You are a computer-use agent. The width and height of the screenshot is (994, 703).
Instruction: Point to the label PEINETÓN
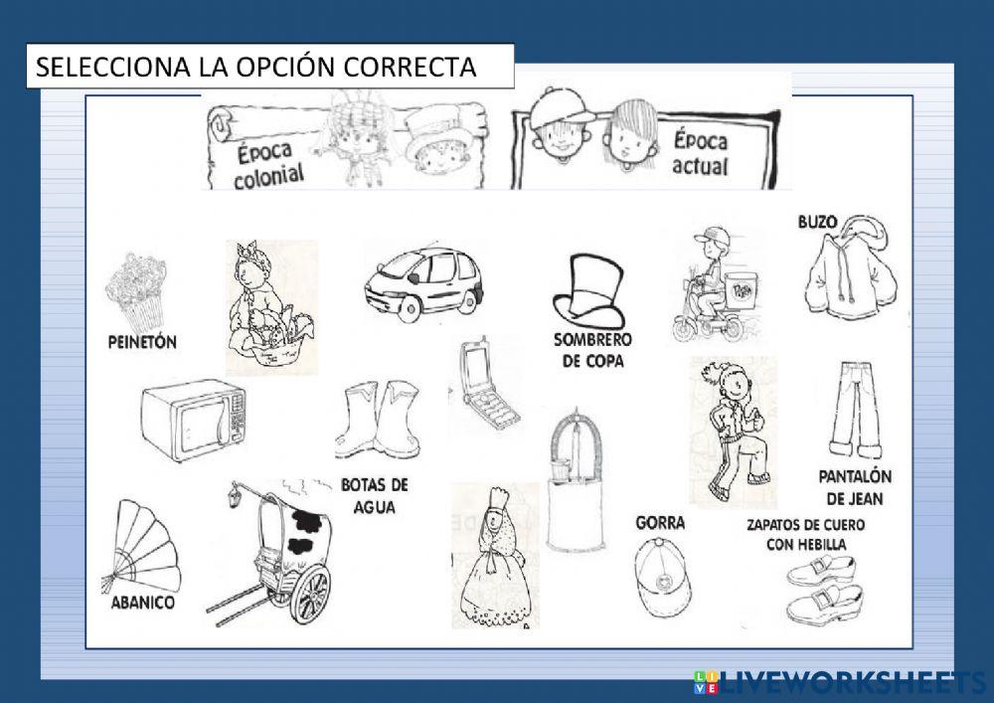pyautogui.click(x=141, y=342)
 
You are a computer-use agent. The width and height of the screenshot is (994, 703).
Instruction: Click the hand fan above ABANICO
pyautogui.click(x=144, y=547)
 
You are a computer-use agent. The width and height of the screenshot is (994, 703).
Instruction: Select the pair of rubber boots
pyautogui.click(x=377, y=419)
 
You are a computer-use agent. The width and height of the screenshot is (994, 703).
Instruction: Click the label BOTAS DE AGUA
pyautogui.click(x=374, y=495)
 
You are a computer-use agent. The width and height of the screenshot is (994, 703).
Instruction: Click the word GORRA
pyautogui.click(x=660, y=522)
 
